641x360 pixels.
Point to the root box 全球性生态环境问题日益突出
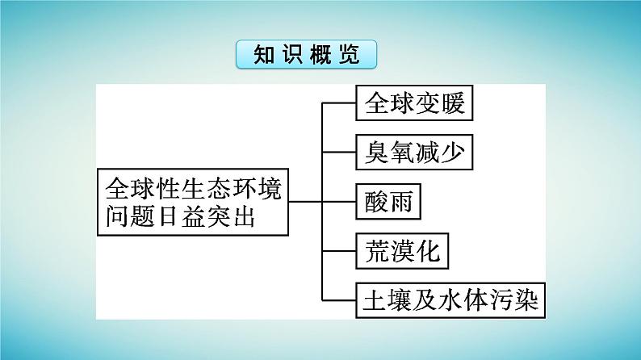point(193,202)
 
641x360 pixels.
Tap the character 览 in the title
point(350,54)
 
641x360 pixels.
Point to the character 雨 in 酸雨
point(401,201)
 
